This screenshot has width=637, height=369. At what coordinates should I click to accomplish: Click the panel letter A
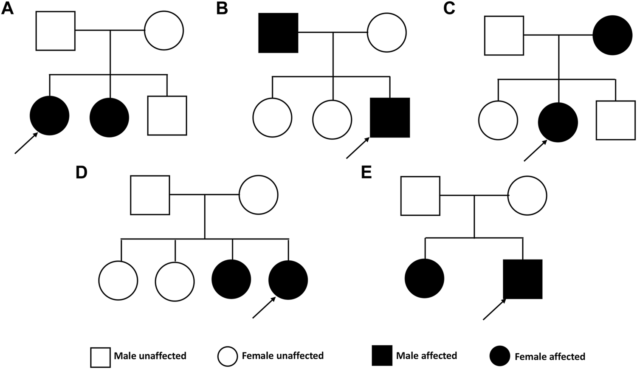click(x=7, y=8)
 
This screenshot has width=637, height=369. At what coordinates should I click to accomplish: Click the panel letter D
click(x=81, y=173)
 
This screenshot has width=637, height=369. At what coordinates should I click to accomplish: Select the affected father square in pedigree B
click(x=278, y=33)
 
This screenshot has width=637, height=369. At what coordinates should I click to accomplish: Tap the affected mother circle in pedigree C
click(x=612, y=35)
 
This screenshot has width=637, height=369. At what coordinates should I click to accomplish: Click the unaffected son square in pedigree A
click(x=167, y=115)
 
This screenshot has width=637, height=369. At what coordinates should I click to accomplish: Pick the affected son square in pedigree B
click(x=390, y=118)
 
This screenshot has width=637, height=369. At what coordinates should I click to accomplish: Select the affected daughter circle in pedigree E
click(x=424, y=279)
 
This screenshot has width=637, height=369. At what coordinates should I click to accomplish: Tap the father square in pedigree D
click(x=150, y=195)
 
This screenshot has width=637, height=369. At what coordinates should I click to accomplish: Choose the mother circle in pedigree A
click(x=164, y=31)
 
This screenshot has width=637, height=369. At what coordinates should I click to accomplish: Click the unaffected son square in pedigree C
click(x=616, y=120)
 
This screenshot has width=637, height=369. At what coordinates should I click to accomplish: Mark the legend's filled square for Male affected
click(x=382, y=356)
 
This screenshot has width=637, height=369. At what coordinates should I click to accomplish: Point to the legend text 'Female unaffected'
click(x=282, y=355)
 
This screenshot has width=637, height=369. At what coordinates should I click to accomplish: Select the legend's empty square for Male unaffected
click(x=100, y=357)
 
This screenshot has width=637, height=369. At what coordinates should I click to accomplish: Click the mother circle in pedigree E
click(x=527, y=196)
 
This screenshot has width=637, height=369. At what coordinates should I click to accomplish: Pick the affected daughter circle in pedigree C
click(x=558, y=122)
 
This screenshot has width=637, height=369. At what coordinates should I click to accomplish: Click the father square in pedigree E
click(x=420, y=196)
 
